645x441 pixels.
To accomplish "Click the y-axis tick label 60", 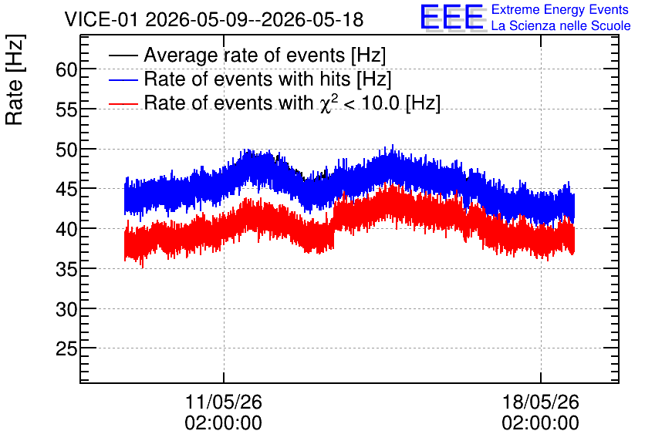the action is point(66,70).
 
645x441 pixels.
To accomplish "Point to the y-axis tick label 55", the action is point(66,109).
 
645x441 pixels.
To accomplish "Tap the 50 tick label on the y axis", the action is point(66,150).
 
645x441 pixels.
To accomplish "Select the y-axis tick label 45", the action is point(66,190).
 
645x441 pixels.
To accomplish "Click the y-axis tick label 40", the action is point(66,229).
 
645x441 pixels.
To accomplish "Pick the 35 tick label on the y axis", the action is point(66,269).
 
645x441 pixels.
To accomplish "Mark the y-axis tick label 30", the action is point(66,309).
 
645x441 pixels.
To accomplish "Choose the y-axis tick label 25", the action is point(66,349).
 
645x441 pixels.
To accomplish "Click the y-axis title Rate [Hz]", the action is point(15,79).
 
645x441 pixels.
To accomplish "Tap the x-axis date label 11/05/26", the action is point(224,402).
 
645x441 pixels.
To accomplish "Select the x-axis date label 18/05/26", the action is point(541,402).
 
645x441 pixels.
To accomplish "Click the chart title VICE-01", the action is point(101,19).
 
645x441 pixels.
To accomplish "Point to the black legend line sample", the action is point(123,55).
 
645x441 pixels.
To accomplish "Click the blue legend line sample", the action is point(123,79).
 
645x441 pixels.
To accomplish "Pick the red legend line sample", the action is point(123,103).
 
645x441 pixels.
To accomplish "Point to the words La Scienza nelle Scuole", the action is point(561,26).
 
